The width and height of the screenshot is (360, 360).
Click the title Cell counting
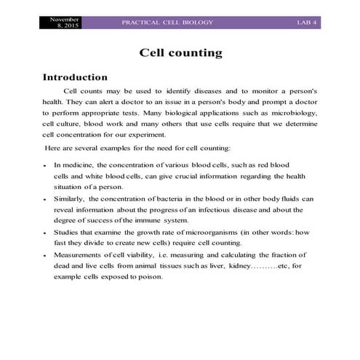[180, 53]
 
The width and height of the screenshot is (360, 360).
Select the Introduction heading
[75, 77]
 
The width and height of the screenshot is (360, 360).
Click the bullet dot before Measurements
[45, 255]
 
